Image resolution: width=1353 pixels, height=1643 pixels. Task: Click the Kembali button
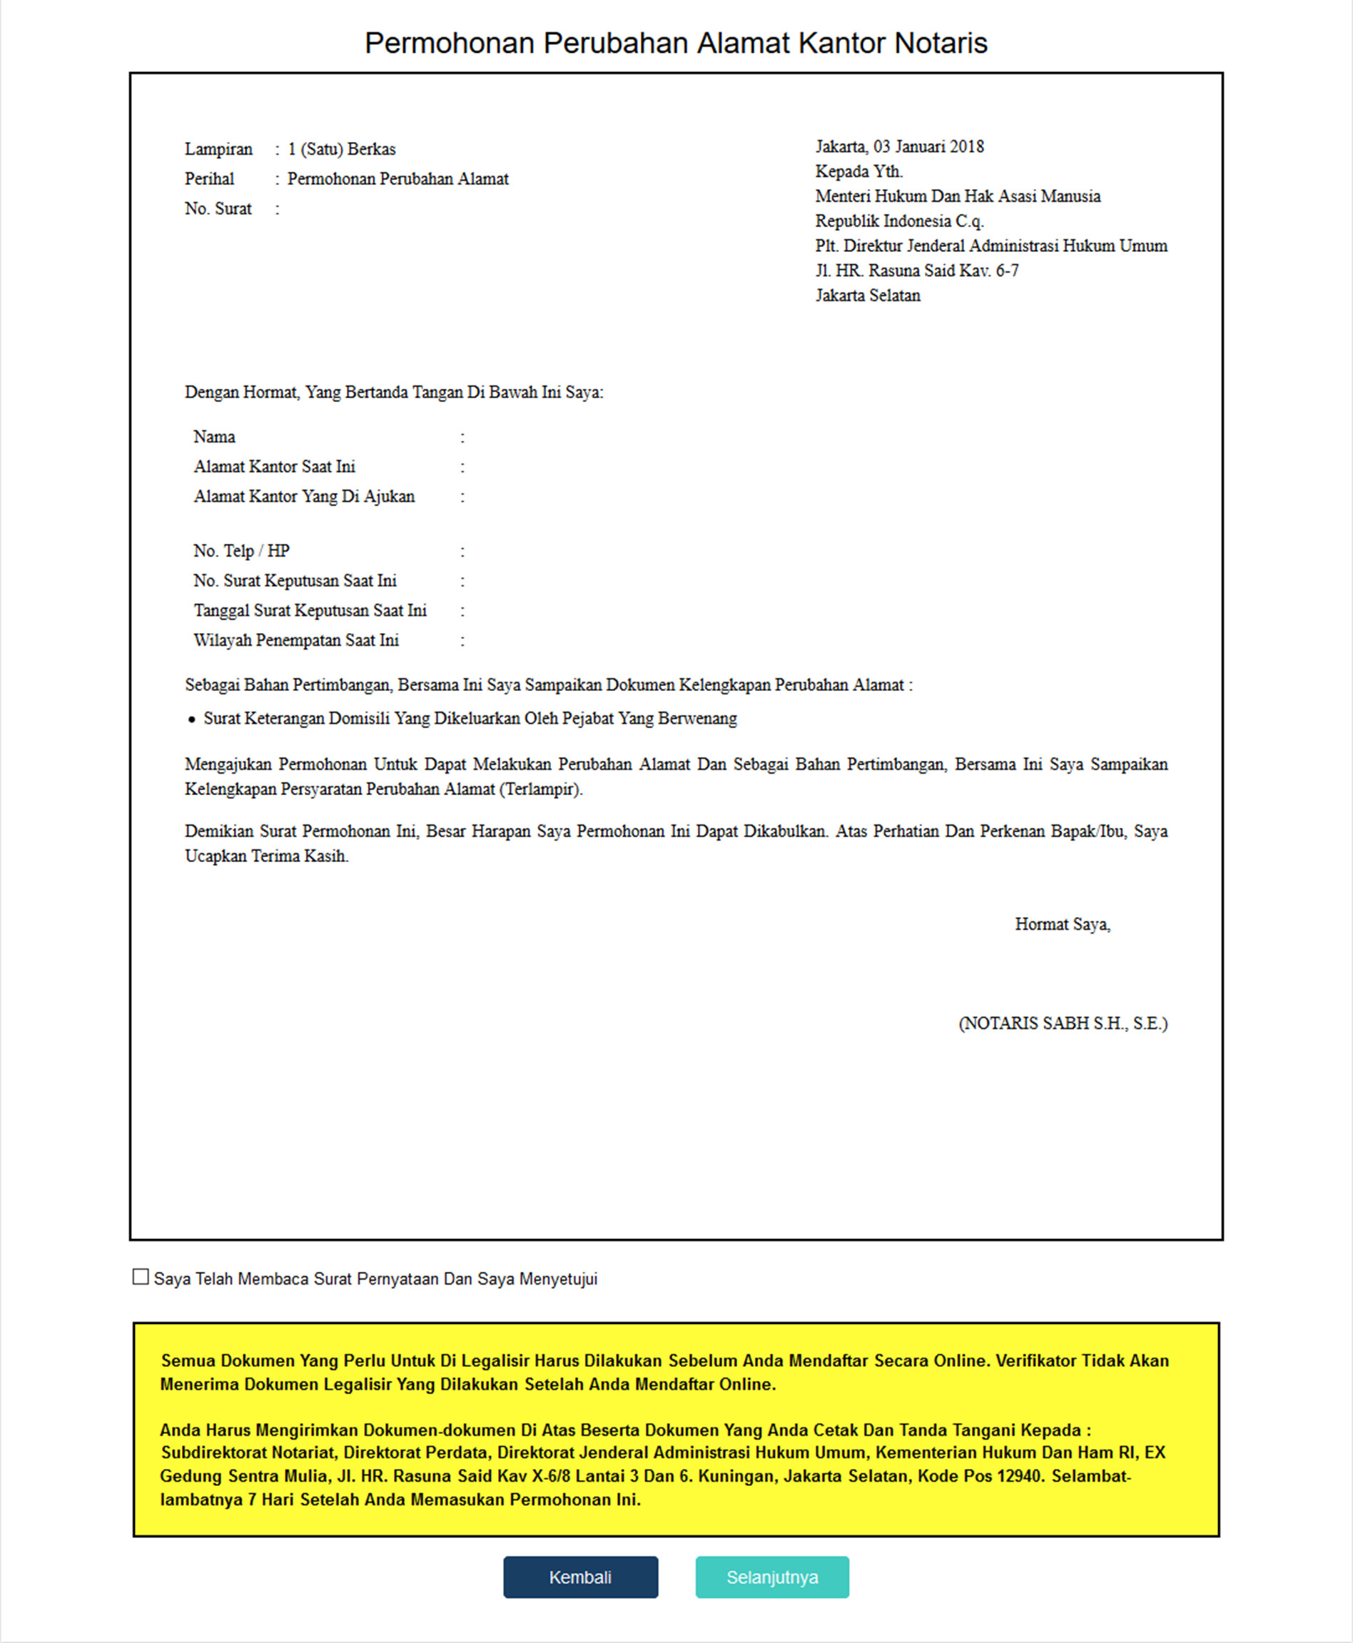point(580,1577)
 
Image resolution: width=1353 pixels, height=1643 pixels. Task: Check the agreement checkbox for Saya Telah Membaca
point(141,1277)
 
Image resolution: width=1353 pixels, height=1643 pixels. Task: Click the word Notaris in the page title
point(941,43)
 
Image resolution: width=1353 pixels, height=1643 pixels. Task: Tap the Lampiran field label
point(218,149)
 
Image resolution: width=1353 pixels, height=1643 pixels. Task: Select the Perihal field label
point(209,178)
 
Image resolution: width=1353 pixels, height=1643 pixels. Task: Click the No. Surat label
point(218,208)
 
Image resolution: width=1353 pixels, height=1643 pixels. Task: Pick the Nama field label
point(214,437)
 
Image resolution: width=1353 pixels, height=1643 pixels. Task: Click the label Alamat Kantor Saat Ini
point(274,466)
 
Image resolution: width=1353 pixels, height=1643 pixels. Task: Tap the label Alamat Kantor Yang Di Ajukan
point(304,496)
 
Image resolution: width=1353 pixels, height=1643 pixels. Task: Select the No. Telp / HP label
point(242,550)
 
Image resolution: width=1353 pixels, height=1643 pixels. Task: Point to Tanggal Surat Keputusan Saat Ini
point(310,610)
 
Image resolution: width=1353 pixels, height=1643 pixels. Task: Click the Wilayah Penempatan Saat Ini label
point(296,640)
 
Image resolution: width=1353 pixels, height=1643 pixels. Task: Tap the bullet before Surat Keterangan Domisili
point(192,719)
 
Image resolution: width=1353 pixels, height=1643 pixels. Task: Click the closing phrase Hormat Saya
point(1063,924)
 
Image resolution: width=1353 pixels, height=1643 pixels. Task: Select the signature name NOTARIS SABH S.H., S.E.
point(1063,1023)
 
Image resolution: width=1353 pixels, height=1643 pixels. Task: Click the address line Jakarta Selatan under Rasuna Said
point(868,295)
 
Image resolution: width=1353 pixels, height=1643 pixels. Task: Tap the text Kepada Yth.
point(859,171)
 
